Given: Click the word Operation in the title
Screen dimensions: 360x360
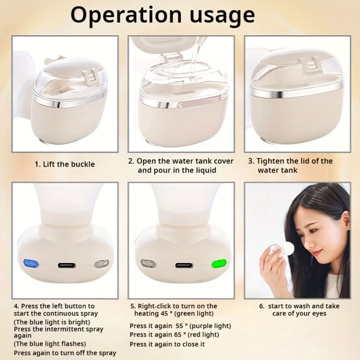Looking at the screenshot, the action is tap(126, 15).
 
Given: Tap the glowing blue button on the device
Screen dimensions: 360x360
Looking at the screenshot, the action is tap(31, 263).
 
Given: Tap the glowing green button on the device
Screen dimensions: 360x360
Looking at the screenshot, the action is tap(219, 264).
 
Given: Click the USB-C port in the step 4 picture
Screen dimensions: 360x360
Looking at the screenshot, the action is tap(67, 265).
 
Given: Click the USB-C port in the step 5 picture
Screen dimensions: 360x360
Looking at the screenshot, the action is tap(184, 265).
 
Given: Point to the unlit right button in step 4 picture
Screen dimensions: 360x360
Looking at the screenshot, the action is tap(102, 264).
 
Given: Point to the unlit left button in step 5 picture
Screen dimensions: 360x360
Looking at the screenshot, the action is tap(148, 263).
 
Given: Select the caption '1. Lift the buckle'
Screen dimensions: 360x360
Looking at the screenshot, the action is tap(65, 164).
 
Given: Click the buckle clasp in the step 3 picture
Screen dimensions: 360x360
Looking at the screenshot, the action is tap(310, 65).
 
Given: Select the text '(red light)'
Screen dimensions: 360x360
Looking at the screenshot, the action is tap(203, 334).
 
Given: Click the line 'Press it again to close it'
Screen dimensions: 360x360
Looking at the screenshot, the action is tap(167, 344).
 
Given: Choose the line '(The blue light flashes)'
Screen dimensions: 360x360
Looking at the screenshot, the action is tap(50, 344).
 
